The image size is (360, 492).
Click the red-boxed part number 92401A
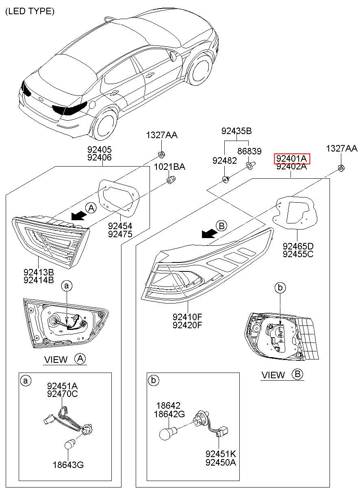pos(291,158)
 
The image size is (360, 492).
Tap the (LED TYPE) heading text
pos(30,11)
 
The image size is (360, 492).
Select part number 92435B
pos(236,131)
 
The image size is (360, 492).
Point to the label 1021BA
pos(169,167)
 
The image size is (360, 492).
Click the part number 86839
pos(249,151)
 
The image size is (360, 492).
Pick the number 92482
pos(224,161)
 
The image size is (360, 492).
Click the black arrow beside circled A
pos(79,215)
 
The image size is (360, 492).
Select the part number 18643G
pos(68,465)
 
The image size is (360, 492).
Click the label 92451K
pos(221,453)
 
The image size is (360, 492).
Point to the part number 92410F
pos(187,317)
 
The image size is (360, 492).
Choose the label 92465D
pos(298,246)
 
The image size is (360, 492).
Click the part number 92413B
pos(39,272)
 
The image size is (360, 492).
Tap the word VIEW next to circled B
pos(273,375)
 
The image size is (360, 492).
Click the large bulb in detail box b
pos(167,432)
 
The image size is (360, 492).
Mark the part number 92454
pos(120,226)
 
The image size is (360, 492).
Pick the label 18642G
pos(169,414)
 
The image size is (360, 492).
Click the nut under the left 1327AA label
pos(161,154)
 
